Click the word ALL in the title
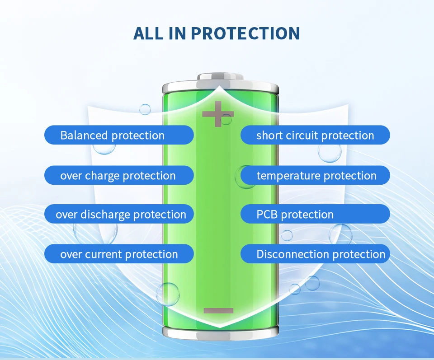coord(148,33)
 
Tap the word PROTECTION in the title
coord(245,33)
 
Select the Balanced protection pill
coord(119,135)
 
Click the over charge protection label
coord(119,175)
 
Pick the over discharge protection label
coord(119,214)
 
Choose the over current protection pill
coord(119,254)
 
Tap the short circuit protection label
coord(315,135)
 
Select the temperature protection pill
coord(315,175)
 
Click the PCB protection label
coord(315,214)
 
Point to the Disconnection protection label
coord(315,254)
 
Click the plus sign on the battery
coord(218,114)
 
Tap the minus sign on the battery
coord(218,310)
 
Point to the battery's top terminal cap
coord(220,77)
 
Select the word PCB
coord(267,214)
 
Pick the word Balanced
coord(84,135)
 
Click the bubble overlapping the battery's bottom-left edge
coord(167,294)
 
